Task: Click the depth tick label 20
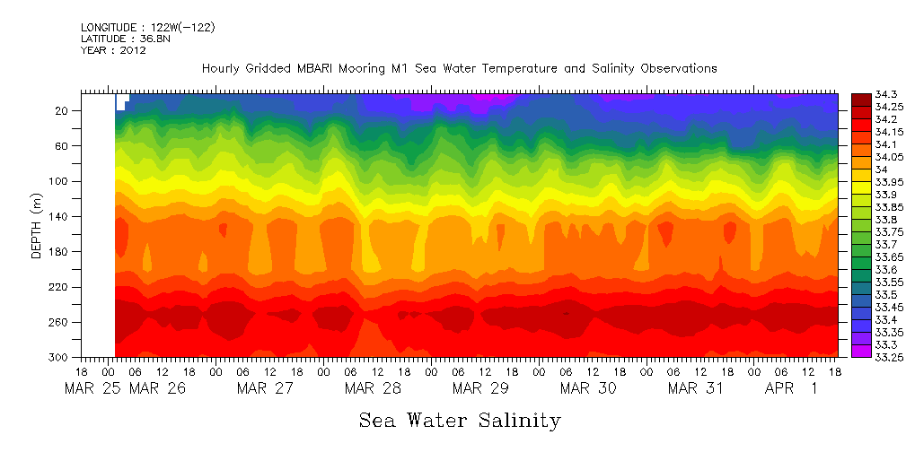[x=63, y=110]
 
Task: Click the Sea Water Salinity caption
[x=460, y=421]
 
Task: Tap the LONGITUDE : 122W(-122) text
[x=147, y=27]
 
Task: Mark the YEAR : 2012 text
[x=113, y=50]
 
